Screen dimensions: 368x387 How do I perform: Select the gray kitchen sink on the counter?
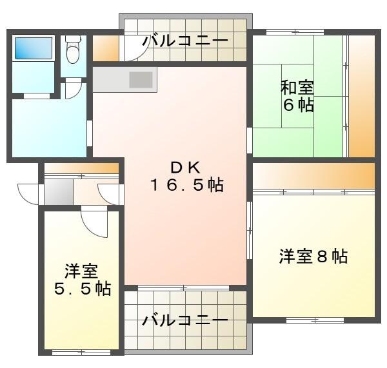click(x=141, y=79)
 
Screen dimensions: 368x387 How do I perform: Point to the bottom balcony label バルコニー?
click(x=185, y=320)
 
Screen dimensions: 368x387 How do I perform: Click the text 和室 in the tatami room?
click(x=297, y=88)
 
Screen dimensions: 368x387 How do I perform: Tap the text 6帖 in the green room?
click(x=298, y=106)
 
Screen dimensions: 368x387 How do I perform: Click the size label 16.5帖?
click(x=186, y=186)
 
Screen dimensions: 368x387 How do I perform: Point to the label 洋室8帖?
click(x=313, y=257)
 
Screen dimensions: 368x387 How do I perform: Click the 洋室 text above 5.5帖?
click(x=81, y=270)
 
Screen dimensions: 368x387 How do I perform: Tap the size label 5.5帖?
click(x=81, y=288)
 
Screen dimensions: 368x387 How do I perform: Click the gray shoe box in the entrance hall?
click(x=58, y=192)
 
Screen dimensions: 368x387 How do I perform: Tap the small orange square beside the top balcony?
click(x=105, y=46)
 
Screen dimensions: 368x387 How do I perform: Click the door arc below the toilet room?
click(x=74, y=90)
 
